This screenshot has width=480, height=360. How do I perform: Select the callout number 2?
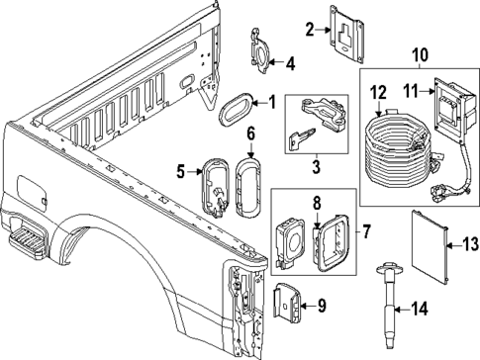pos(309,31)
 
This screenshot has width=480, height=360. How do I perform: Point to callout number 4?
pos(290,64)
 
